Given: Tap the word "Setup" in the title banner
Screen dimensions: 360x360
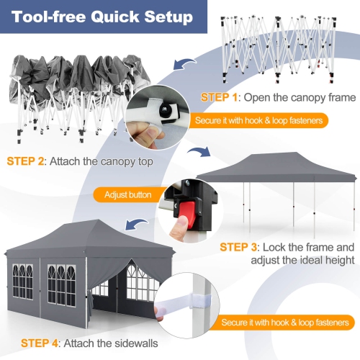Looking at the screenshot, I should (166, 17).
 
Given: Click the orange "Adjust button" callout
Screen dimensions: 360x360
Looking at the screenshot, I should (127, 194).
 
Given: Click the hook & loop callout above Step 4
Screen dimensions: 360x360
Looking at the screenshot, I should (284, 322).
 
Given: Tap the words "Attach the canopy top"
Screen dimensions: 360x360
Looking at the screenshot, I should (105, 161).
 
